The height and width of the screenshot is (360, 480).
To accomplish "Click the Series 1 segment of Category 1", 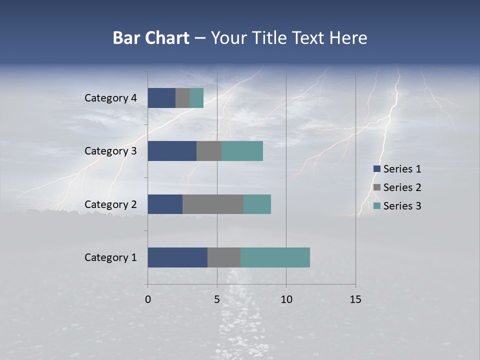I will (177, 257).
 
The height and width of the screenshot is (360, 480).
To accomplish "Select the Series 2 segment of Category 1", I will (224, 257).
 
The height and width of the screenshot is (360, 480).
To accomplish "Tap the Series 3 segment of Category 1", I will (275, 257).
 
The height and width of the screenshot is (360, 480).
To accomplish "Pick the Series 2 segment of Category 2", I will (213, 204).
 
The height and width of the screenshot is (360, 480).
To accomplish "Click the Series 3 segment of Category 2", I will (257, 204).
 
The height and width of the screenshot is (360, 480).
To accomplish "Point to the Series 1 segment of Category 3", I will (172, 151).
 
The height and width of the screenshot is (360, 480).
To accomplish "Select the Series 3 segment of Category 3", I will (242, 151).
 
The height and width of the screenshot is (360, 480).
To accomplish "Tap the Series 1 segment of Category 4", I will (161, 98).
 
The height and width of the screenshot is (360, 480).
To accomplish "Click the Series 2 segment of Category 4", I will (182, 98).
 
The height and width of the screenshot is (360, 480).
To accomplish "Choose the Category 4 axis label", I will (110, 98).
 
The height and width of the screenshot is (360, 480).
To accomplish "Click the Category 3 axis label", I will (110, 151).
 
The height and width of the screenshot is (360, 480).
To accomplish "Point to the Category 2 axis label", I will (110, 204).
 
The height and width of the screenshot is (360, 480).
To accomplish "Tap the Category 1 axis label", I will (110, 257).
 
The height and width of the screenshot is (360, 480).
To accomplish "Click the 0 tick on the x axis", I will (148, 299).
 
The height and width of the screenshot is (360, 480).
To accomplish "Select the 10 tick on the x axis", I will (286, 299).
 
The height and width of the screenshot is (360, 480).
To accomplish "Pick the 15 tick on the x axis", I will (355, 299).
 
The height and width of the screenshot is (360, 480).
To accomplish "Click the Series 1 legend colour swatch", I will (377, 169).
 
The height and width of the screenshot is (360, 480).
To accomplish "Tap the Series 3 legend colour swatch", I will (377, 206).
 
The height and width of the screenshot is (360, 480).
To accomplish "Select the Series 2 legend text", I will (402, 187).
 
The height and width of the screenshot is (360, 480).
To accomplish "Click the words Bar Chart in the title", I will (151, 38).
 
